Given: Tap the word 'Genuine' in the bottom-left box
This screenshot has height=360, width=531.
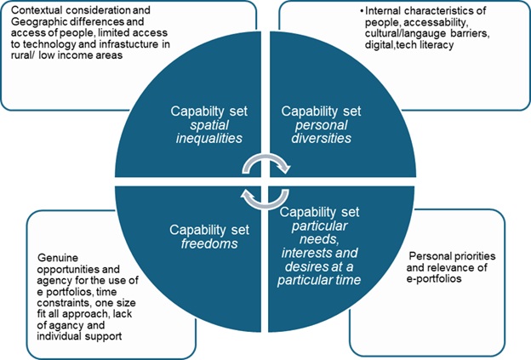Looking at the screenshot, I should tap(59, 254).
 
